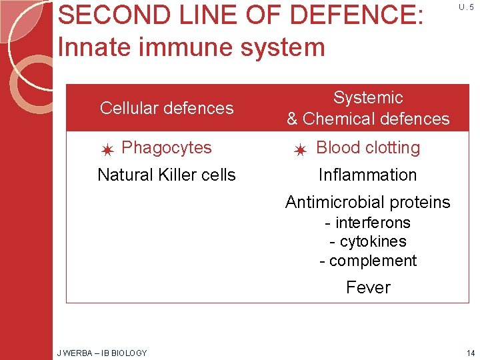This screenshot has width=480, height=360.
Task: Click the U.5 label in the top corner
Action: tap(466, 7)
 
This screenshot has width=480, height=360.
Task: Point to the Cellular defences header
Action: tap(167, 108)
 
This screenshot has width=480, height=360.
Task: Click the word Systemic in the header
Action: tap(368, 97)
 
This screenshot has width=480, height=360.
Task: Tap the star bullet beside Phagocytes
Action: tap(107, 150)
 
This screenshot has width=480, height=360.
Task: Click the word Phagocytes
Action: tap(167, 147)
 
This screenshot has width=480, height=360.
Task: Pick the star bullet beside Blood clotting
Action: tap(300, 150)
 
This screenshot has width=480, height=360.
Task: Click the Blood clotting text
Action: tap(368, 147)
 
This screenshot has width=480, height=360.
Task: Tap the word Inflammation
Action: tap(367, 175)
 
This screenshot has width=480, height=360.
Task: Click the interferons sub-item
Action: tap(367, 223)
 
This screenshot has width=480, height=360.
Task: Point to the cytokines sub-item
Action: tap(368, 241)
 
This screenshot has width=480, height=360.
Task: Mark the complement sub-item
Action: tap(368, 261)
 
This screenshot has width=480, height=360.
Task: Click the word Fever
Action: tap(368, 287)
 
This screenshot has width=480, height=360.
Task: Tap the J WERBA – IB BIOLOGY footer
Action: tap(102, 353)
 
